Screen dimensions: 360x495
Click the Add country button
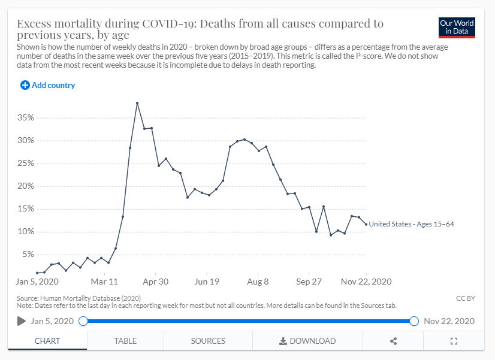[x=48, y=85]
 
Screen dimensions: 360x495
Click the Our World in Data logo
[x=457, y=28]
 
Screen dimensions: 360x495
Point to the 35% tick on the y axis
[x=25, y=118]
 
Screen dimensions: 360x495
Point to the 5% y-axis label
[x=28, y=255]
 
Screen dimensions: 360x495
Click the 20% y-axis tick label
[x=25, y=186]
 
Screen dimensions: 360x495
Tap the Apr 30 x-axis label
[x=155, y=281]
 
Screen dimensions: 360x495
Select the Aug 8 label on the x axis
[x=258, y=281]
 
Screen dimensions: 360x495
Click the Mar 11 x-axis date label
[x=104, y=281]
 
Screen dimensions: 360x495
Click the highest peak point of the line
[x=137, y=103]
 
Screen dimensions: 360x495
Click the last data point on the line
[x=366, y=224]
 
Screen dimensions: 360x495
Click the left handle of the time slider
[x=83, y=321]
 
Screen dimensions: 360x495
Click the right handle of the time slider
[x=414, y=321]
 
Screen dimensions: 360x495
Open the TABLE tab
[x=125, y=341]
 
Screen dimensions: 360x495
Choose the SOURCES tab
[x=208, y=341]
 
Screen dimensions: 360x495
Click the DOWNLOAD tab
[x=307, y=341]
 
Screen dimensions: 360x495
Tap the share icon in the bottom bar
[x=394, y=341]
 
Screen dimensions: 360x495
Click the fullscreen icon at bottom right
[x=454, y=341]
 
